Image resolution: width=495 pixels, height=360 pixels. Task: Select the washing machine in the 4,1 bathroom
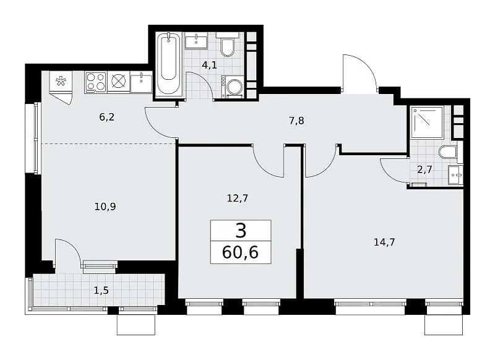point(233,87)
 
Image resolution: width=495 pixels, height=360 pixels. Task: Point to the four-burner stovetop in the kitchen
point(96,82)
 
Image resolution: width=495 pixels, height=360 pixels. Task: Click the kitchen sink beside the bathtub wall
point(141,82)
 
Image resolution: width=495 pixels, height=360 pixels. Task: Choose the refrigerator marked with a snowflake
point(61,82)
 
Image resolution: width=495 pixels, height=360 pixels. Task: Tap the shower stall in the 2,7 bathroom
point(427,122)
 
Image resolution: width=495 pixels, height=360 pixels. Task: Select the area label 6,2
point(106,118)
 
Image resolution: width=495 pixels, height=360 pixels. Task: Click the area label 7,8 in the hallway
point(296,121)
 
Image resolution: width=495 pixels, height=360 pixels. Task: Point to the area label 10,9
point(105,207)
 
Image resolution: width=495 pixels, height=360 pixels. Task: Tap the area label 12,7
point(238,198)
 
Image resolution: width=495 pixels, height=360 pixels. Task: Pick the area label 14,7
point(384,242)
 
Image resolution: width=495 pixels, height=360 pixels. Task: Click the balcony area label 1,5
point(101,290)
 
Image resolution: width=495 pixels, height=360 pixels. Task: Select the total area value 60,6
point(240,252)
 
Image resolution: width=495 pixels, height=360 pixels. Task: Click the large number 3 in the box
point(241,230)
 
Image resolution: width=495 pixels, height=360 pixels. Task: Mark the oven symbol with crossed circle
point(118,82)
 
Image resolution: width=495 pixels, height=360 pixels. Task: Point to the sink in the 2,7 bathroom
point(455,174)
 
